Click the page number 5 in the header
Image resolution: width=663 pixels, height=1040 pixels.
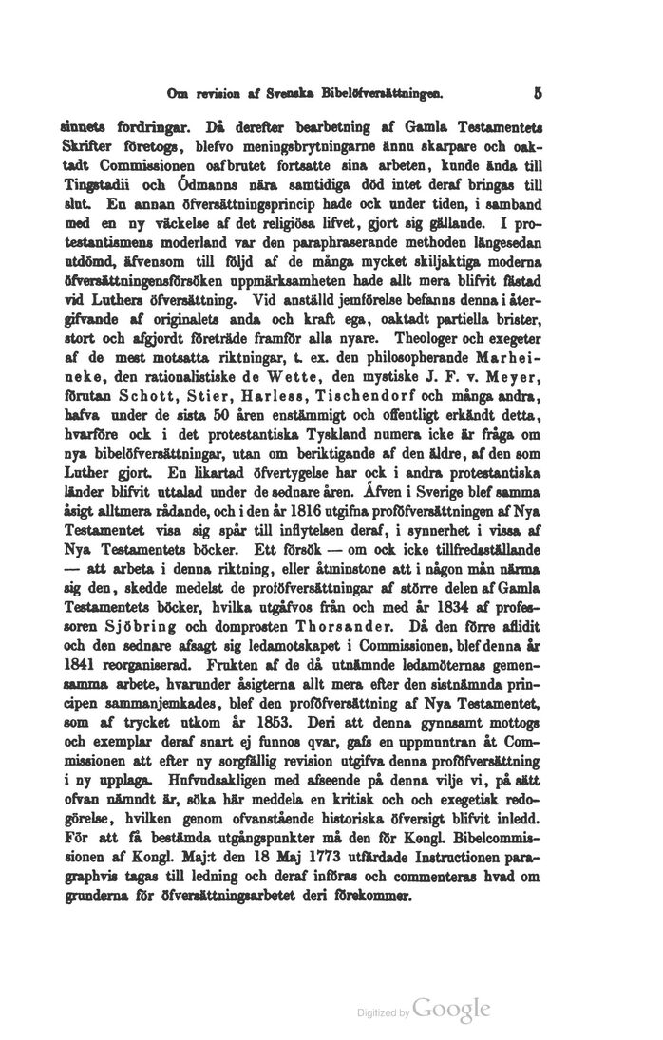coord(538,94)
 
